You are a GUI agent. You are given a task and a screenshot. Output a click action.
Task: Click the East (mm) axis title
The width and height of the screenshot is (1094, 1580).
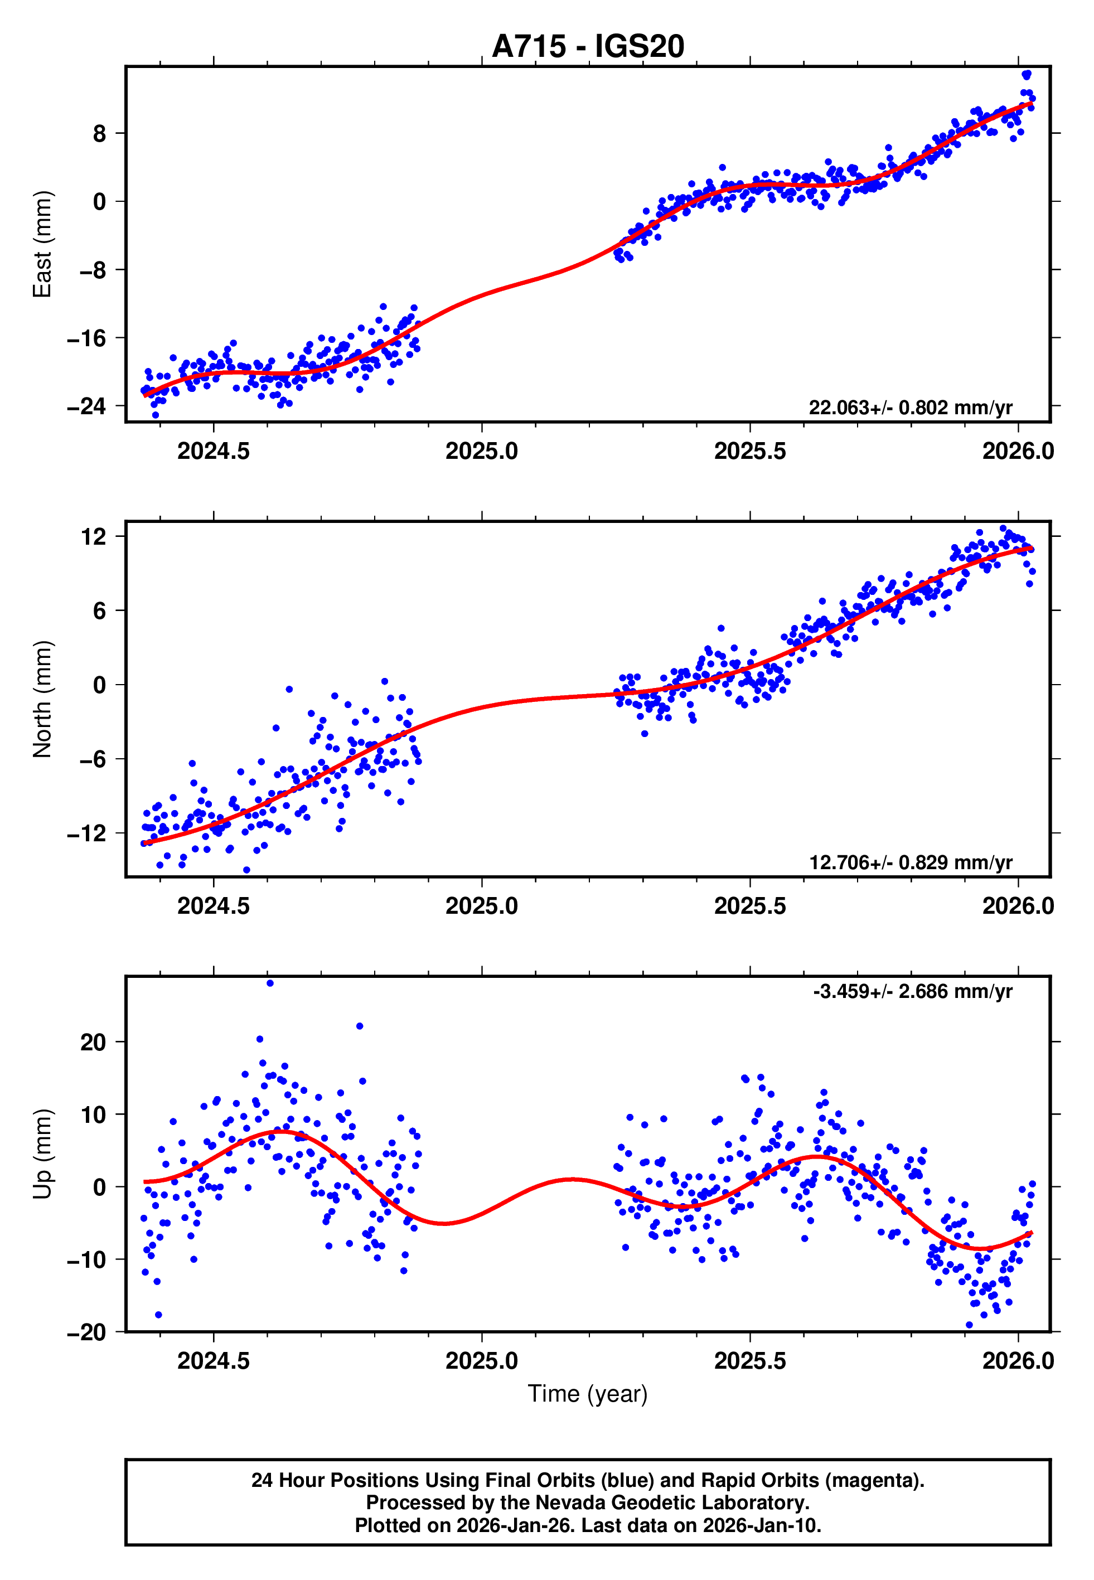42,244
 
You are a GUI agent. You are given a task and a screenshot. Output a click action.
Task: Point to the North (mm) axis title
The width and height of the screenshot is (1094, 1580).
42,699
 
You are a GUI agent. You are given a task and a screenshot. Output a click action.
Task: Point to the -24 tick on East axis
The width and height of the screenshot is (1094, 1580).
86,406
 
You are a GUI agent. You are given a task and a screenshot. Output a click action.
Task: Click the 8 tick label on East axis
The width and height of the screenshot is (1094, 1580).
99,134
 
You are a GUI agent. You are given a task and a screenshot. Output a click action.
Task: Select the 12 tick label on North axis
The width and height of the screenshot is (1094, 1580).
93,536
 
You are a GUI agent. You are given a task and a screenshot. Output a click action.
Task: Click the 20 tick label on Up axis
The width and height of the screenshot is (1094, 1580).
93,1042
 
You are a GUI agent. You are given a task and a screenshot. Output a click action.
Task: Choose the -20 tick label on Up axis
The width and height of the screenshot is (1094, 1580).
86,1332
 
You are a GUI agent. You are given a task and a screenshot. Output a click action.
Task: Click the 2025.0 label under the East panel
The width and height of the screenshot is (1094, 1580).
481,451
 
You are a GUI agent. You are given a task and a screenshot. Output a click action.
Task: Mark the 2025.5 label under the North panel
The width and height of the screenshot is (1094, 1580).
750,906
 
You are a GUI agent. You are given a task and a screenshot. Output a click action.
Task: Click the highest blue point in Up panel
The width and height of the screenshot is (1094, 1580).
270,983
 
